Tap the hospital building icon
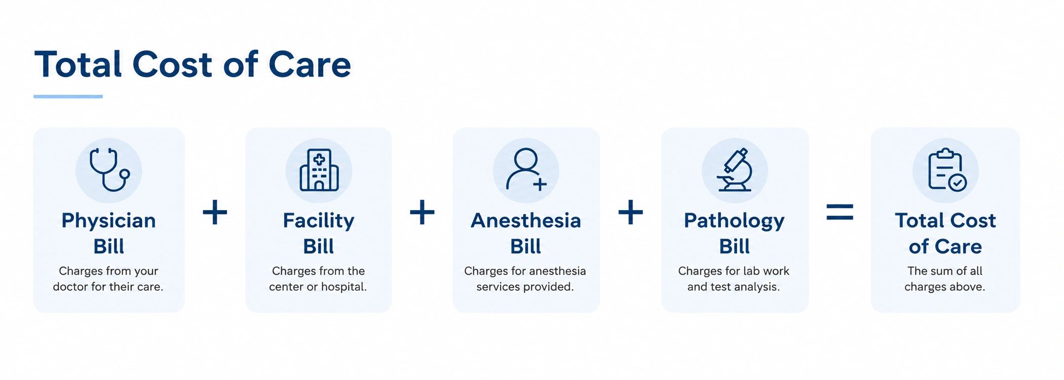(319, 170)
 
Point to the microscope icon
(734, 169)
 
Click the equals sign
(840, 212)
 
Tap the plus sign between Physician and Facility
(215, 212)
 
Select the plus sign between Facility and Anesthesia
(422, 212)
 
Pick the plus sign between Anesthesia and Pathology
(630, 212)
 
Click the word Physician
(108, 221)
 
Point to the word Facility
(319, 221)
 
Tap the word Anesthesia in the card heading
(526, 221)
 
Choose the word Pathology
(734, 221)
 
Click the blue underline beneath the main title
(68, 96)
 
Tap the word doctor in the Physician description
(70, 287)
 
